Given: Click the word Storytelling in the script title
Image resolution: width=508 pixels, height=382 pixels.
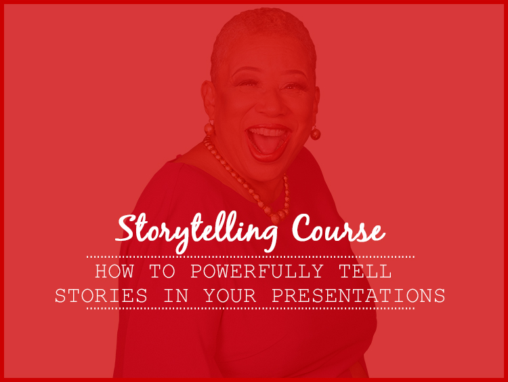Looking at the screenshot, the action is click(196, 232).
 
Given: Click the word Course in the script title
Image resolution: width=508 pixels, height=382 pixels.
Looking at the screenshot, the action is click(338, 229).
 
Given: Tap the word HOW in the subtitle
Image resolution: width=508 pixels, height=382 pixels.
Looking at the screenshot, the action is click(114, 271).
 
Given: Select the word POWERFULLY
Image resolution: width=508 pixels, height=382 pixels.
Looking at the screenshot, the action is click(257, 271).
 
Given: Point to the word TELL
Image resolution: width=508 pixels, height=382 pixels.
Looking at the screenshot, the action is click(366, 271).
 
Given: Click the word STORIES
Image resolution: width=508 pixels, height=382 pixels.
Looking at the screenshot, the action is click(101, 296).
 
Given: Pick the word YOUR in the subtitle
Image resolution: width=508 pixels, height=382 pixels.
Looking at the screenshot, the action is click(230, 296).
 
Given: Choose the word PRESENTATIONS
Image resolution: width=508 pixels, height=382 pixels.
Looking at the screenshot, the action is click(358, 296).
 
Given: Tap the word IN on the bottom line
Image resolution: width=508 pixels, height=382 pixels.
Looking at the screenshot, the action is click(176, 296).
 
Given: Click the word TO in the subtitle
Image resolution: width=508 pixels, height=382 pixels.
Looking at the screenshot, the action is click(162, 271).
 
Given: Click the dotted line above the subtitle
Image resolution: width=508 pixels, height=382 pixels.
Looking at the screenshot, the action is click(251, 256).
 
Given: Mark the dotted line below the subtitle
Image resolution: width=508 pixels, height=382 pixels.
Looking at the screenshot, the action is click(251, 308).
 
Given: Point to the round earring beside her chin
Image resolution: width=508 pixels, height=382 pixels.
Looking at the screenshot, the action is click(315, 133).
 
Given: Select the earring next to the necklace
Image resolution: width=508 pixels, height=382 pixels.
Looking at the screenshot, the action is click(209, 128).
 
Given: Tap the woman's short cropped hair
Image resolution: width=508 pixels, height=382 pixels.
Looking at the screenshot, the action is click(262, 36).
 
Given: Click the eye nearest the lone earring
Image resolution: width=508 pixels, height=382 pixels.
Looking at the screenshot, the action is click(291, 86).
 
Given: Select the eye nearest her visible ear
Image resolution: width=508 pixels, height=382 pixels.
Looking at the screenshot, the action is click(247, 84).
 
